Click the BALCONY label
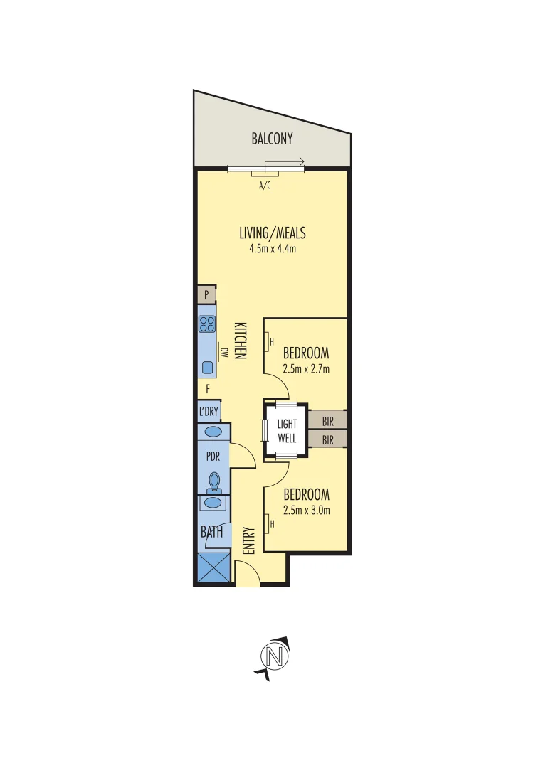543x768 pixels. point(272,139)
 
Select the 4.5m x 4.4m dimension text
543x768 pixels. point(272,248)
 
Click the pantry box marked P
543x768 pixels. point(206,294)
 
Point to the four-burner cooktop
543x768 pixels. point(207,324)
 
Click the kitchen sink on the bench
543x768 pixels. point(207,367)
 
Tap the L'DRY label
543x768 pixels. point(209,412)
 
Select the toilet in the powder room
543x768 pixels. point(213,483)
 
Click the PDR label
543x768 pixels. point(213,456)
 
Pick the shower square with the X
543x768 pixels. point(213,568)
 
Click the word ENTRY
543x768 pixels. point(248,540)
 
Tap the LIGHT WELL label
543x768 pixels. point(287,431)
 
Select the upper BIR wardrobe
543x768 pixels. point(327,420)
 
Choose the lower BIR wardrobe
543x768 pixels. point(327,440)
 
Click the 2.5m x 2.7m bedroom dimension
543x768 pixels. point(306,369)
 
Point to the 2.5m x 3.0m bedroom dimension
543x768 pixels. point(306,510)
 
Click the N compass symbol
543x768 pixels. point(276,655)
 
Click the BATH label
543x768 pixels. point(211,531)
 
